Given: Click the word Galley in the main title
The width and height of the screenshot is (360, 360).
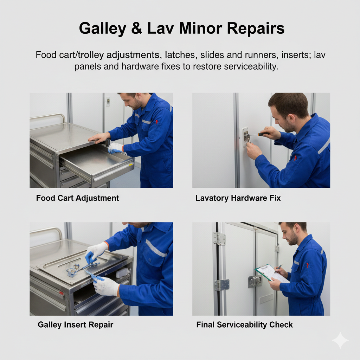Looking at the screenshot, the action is [102, 29].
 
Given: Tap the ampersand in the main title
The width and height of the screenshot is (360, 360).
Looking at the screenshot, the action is [137, 28].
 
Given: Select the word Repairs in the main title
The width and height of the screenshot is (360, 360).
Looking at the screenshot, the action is [256, 29].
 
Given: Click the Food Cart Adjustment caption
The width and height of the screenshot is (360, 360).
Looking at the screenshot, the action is [77, 198].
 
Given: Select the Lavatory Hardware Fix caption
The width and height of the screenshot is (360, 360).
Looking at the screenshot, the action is [238, 198].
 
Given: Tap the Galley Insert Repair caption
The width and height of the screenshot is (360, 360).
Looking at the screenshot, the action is [75, 324].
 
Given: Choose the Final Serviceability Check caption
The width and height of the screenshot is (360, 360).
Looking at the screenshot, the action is [244, 324].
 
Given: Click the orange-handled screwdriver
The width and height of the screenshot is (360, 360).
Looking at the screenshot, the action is [259, 134].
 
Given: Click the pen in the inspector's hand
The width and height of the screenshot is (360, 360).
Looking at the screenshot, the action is [278, 268].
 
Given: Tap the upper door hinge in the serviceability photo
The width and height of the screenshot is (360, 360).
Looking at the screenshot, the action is [219, 238].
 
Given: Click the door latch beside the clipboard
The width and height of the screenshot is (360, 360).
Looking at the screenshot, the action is [255, 282].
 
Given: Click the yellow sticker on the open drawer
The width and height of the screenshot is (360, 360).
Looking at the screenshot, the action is [131, 165].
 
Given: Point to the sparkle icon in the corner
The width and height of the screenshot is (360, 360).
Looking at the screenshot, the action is [340, 340].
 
